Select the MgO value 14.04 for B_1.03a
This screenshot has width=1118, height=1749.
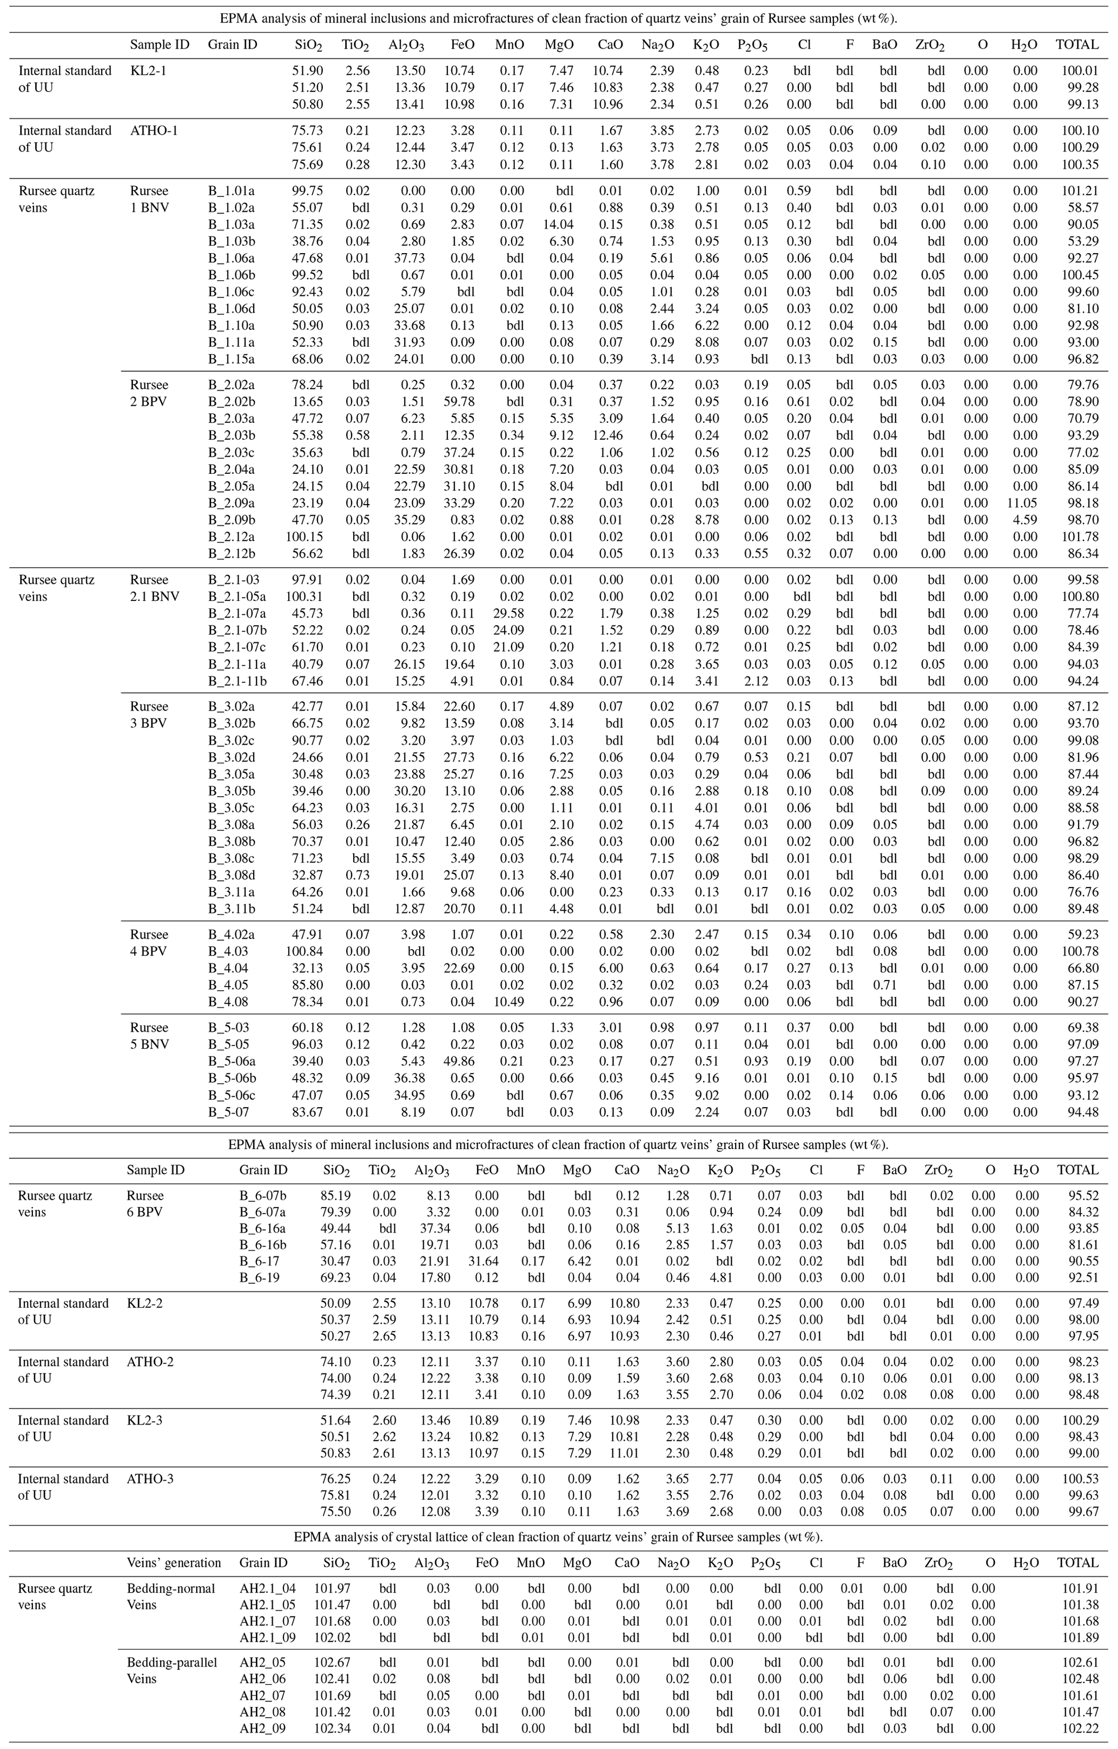(x=559, y=224)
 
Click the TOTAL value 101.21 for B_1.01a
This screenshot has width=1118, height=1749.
(x=1078, y=191)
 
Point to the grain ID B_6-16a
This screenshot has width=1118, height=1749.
(x=262, y=1228)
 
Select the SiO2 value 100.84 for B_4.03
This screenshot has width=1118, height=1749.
(x=305, y=951)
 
